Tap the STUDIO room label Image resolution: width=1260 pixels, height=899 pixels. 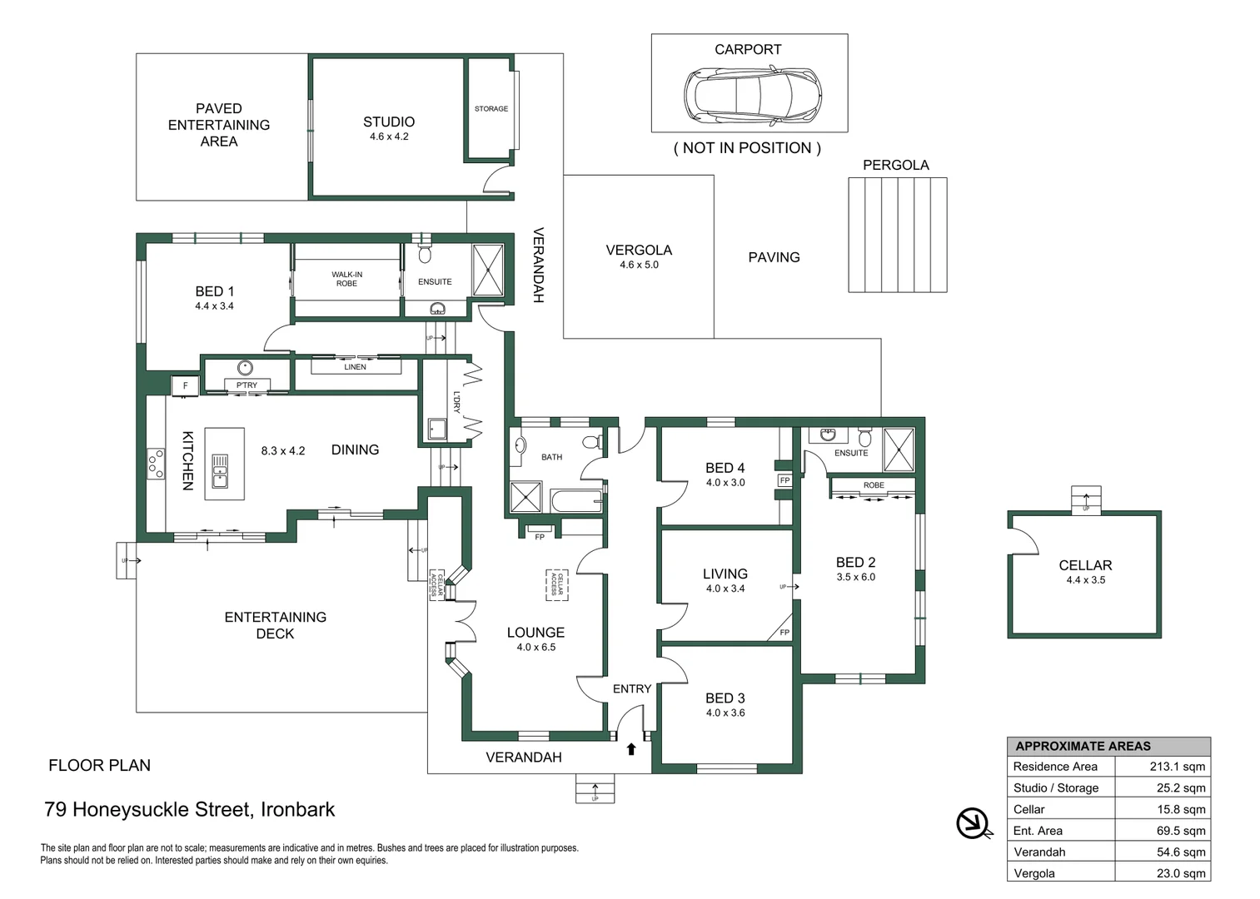pyautogui.click(x=389, y=122)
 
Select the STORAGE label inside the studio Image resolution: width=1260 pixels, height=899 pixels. pyautogui.click(x=491, y=109)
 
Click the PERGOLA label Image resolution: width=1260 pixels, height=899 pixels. pyautogui.click(x=895, y=165)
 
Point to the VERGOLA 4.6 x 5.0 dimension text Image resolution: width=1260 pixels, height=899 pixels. pyautogui.click(x=639, y=265)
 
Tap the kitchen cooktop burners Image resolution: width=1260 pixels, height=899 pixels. pyautogui.click(x=156, y=464)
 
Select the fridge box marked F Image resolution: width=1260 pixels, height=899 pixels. pyautogui.click(x=185, y=385)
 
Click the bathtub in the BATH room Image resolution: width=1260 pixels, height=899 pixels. pyautogui.click(x=575, y=501)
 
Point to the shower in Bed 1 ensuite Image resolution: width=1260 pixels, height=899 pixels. pyautogui.click(x=487, y=270)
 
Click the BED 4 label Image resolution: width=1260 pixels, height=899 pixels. pyautogui.click(x=725, y=468)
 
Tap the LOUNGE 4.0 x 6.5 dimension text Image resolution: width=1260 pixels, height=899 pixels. pyautogui.click(x=535, y=647)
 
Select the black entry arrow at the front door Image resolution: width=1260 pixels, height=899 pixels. pyautogui.click(x=631, y=749)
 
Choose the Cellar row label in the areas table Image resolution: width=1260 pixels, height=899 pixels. pyautogui.click(x=1028, y=809)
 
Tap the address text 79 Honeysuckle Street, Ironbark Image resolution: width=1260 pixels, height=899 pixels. pyautogui.click(x=190, y=809)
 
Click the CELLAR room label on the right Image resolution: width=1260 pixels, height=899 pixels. pyautogui.click(x=1084, y=565)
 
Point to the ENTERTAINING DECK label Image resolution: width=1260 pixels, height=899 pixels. pyautogui.click(x=275, y=625)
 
